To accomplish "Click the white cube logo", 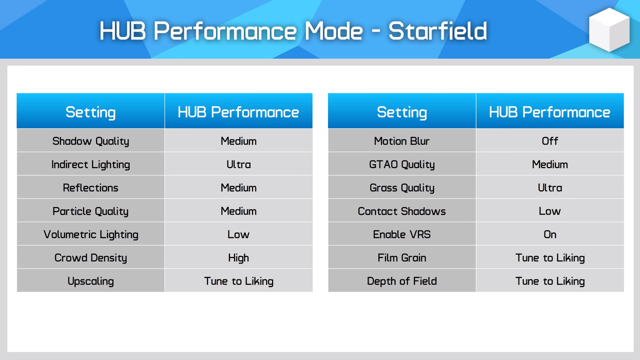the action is pyautogui.click(x=609, y=29).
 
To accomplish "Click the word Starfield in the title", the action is pyautogui.click(x=437, y=31).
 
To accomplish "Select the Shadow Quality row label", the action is pyautogui.click(x=90, y=141).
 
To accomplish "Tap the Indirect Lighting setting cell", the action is pyautogui.click(x=90, y=164).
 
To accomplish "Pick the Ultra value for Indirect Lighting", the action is pyautogui.click(x=238, y=164).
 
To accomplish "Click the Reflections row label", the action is pyautogui.click(x=90, y=187).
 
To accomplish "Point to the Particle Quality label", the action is pyautogui.click(x=90, y=211).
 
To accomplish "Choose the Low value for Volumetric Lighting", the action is pyautogui.click(x=238, y=234).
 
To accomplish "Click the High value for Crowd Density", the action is pyautogui.click(x=238, y=258).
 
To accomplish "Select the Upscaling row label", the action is pyautogui.click(x=90, y=281).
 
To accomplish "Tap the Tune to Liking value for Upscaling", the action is pyautogui.click(x=238, y=281).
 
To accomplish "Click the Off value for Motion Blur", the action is pyautogui.click(x=550, y=141).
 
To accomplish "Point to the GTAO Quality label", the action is pyautogui.click(x=401, y=164).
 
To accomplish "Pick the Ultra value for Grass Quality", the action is pyautogui.click(x=550, y=187).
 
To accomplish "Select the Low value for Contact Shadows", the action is pyautogui.click(x=550, y=211).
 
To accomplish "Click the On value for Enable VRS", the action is pyautogui.click(x=550, y=234).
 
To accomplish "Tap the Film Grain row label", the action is pyautogui.click(x=401, y=258).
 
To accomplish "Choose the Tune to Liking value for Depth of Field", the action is pyautogui.click(x=550, y=281).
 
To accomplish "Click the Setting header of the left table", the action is pyautogui.click(x=90, y=112).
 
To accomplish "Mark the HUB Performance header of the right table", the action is pyautogui.click(x=549, y=112).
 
